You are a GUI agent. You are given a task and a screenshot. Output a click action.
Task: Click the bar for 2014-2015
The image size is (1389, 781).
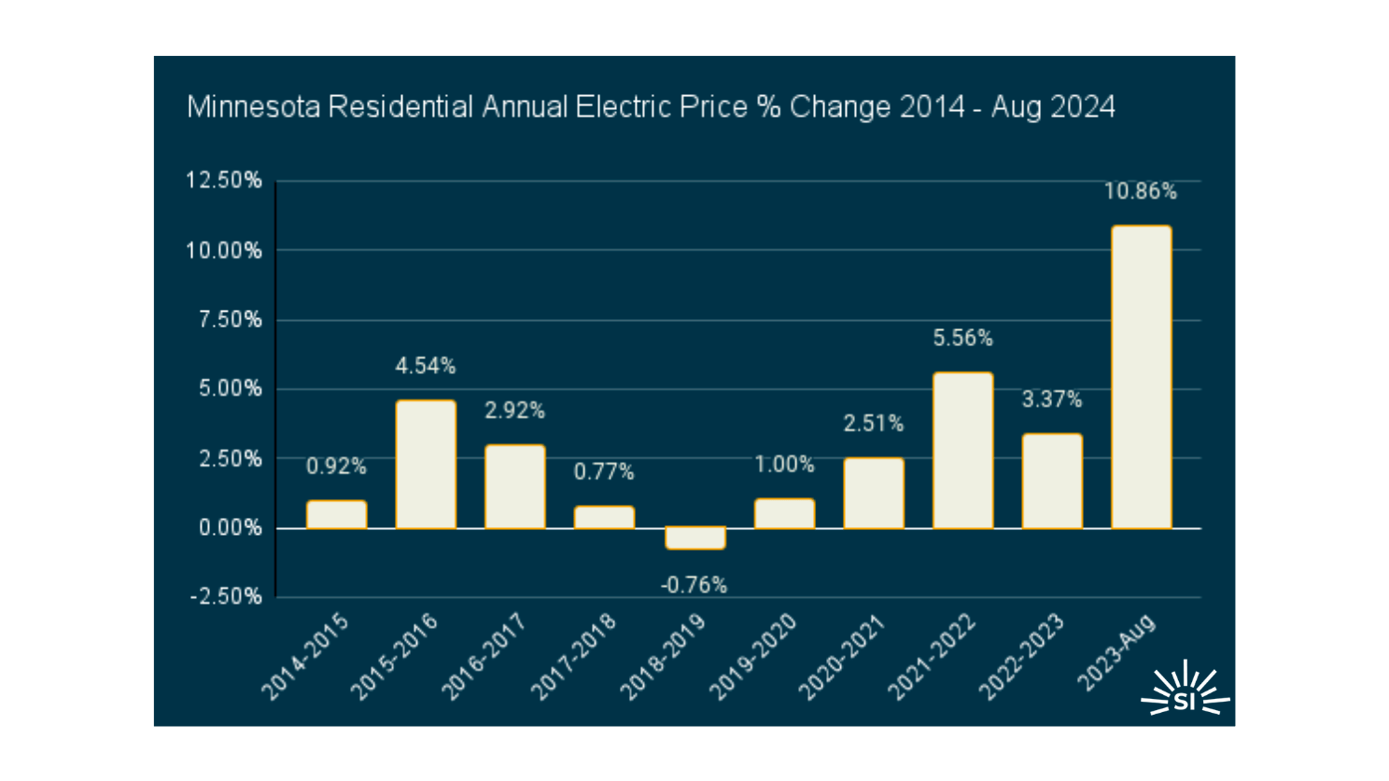(336, 515)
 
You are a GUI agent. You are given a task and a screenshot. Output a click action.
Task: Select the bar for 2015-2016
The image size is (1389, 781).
(426, 465)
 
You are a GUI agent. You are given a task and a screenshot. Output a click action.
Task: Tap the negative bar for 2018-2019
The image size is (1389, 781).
(694, 537)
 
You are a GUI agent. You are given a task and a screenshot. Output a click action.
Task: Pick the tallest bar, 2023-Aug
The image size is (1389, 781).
(1141, 377)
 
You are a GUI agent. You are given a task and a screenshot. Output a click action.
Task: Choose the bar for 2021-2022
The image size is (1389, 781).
(962, 451)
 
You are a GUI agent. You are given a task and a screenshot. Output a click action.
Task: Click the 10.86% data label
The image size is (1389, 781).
(1141, 192)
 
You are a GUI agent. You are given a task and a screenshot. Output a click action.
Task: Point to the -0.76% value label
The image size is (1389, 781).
(694, 585)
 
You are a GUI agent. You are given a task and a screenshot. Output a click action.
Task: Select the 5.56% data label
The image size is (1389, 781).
(962, 339)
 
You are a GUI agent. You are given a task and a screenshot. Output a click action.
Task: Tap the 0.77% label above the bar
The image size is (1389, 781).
(604, 472)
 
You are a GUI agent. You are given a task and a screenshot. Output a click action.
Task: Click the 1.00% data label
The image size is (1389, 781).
(784, 465)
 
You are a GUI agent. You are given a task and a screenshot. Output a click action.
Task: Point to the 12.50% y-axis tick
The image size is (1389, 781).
(224, 181)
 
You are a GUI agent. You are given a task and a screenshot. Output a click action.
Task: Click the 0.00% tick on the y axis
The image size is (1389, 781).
(230, 528)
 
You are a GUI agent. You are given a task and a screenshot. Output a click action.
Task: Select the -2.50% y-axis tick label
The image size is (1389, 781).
(226, 597)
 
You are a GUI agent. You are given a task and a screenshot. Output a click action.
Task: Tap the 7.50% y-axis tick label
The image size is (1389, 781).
(230, 320)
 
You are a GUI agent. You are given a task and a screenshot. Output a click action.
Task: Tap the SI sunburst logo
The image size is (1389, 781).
(1185, 690)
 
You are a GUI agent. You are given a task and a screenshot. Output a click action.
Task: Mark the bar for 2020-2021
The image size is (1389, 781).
(874, 494)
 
